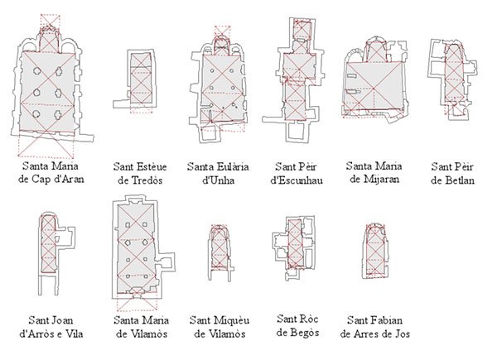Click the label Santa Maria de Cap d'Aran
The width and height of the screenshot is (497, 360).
[x=51, y=173]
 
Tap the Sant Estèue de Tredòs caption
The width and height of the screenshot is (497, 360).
[x=140, y=174]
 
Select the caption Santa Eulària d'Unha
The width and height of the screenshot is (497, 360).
[x=218, y=174]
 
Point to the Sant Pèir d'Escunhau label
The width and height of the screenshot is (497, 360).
[x=296, y=174]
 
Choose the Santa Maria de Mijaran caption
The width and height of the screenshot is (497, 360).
[x=374, y=173]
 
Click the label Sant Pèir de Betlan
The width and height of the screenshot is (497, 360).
[x=452, y=174]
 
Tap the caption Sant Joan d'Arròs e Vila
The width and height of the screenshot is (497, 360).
[x=51, y=327]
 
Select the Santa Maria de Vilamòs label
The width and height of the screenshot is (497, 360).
[x=141, y=327]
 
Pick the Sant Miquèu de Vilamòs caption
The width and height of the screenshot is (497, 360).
[x=220, y=327]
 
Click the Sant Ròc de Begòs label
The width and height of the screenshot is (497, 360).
[x=297, y=325]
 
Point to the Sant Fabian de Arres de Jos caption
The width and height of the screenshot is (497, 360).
[x=374, y=327]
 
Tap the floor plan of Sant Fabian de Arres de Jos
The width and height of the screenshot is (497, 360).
[x=375, y=251]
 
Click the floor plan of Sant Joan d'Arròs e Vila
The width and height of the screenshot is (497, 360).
[x=55, y=253]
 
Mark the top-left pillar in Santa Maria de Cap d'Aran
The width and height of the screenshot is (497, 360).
[x=36, y=71]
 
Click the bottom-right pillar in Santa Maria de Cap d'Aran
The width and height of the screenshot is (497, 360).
[x=58, y=114]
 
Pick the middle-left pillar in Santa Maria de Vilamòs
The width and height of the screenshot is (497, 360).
[x=128, y=242]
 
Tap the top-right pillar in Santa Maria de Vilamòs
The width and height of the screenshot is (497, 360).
[x=145, y=224]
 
